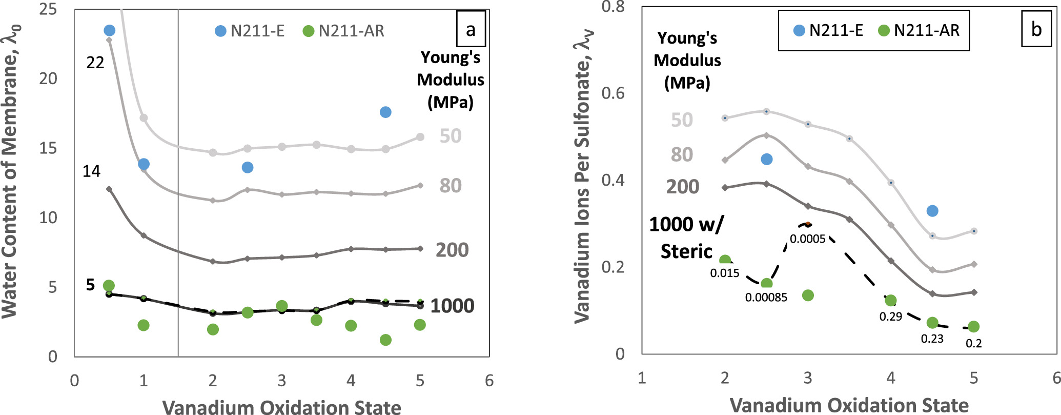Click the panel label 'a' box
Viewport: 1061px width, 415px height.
(471, 30)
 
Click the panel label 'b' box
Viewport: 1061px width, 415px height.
(1036, 29)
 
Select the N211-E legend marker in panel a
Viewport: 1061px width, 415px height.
(220, 31)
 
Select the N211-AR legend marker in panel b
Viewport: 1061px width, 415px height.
(884, 30)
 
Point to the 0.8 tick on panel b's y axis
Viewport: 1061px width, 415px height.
(613, 7)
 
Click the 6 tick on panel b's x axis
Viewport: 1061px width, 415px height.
(1055, 378)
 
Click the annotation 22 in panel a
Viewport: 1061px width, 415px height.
(95, 63)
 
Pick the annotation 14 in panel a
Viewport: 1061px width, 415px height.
(91, 171)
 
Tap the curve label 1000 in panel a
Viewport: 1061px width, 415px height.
(452, 306)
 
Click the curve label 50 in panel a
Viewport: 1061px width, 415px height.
(451, 136)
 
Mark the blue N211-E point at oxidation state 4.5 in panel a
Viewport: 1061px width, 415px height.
(385, 112)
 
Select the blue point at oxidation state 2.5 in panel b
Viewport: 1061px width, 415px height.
(766, 159)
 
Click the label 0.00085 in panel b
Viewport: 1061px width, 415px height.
(766, 297)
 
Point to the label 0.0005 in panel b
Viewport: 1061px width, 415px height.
(808, 239)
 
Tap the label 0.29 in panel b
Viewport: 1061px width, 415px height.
(891, 317)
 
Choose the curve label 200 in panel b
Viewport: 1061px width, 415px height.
(683, 186)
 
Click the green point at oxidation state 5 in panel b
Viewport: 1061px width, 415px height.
(974, 327)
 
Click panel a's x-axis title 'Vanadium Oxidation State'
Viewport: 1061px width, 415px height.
(282, 407)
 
